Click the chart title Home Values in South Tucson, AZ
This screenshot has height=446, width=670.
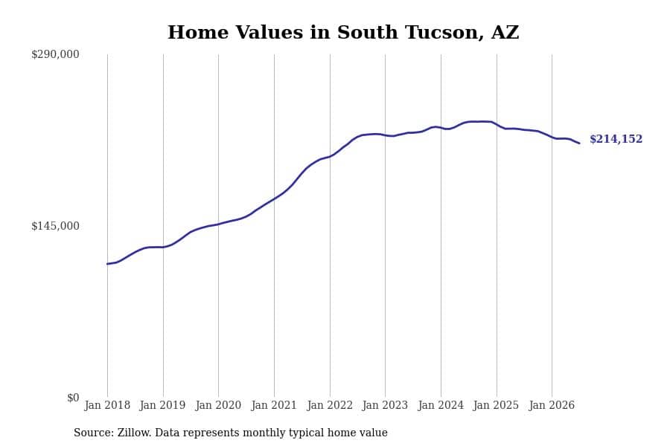343,33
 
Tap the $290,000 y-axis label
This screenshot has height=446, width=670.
55,54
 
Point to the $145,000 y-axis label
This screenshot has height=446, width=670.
55,226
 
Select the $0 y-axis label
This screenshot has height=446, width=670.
73,398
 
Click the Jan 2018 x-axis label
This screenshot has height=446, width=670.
107,405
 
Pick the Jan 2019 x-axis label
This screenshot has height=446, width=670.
162,405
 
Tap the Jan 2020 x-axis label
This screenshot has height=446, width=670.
218,405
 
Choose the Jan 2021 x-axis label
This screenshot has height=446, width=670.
274,405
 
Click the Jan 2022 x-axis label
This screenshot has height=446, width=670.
330,405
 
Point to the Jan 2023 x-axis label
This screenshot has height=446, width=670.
385,405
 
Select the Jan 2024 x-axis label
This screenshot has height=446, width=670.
441,405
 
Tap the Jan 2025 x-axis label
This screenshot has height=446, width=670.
496,405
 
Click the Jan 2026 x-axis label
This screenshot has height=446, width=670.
552,405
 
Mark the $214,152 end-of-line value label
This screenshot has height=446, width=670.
616,139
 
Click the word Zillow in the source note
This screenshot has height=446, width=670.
135,433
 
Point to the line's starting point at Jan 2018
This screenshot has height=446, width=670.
107,264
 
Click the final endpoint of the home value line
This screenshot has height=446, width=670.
579,143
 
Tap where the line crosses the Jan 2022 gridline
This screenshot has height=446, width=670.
330,157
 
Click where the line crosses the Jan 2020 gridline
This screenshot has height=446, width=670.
218,224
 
